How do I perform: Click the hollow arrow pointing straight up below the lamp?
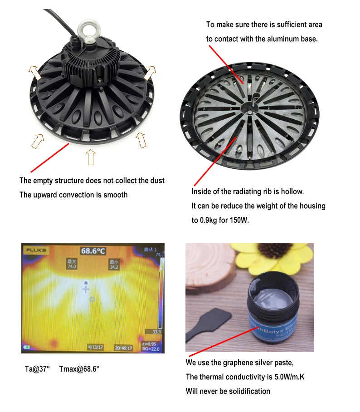click(90, 157)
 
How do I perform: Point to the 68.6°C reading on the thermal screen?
click(93, 250)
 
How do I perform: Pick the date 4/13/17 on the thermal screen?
click(96, 348)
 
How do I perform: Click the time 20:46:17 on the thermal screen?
click(123, 348)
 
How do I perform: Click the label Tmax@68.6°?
click(79, 369)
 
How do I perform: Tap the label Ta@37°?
click(37, 369)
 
